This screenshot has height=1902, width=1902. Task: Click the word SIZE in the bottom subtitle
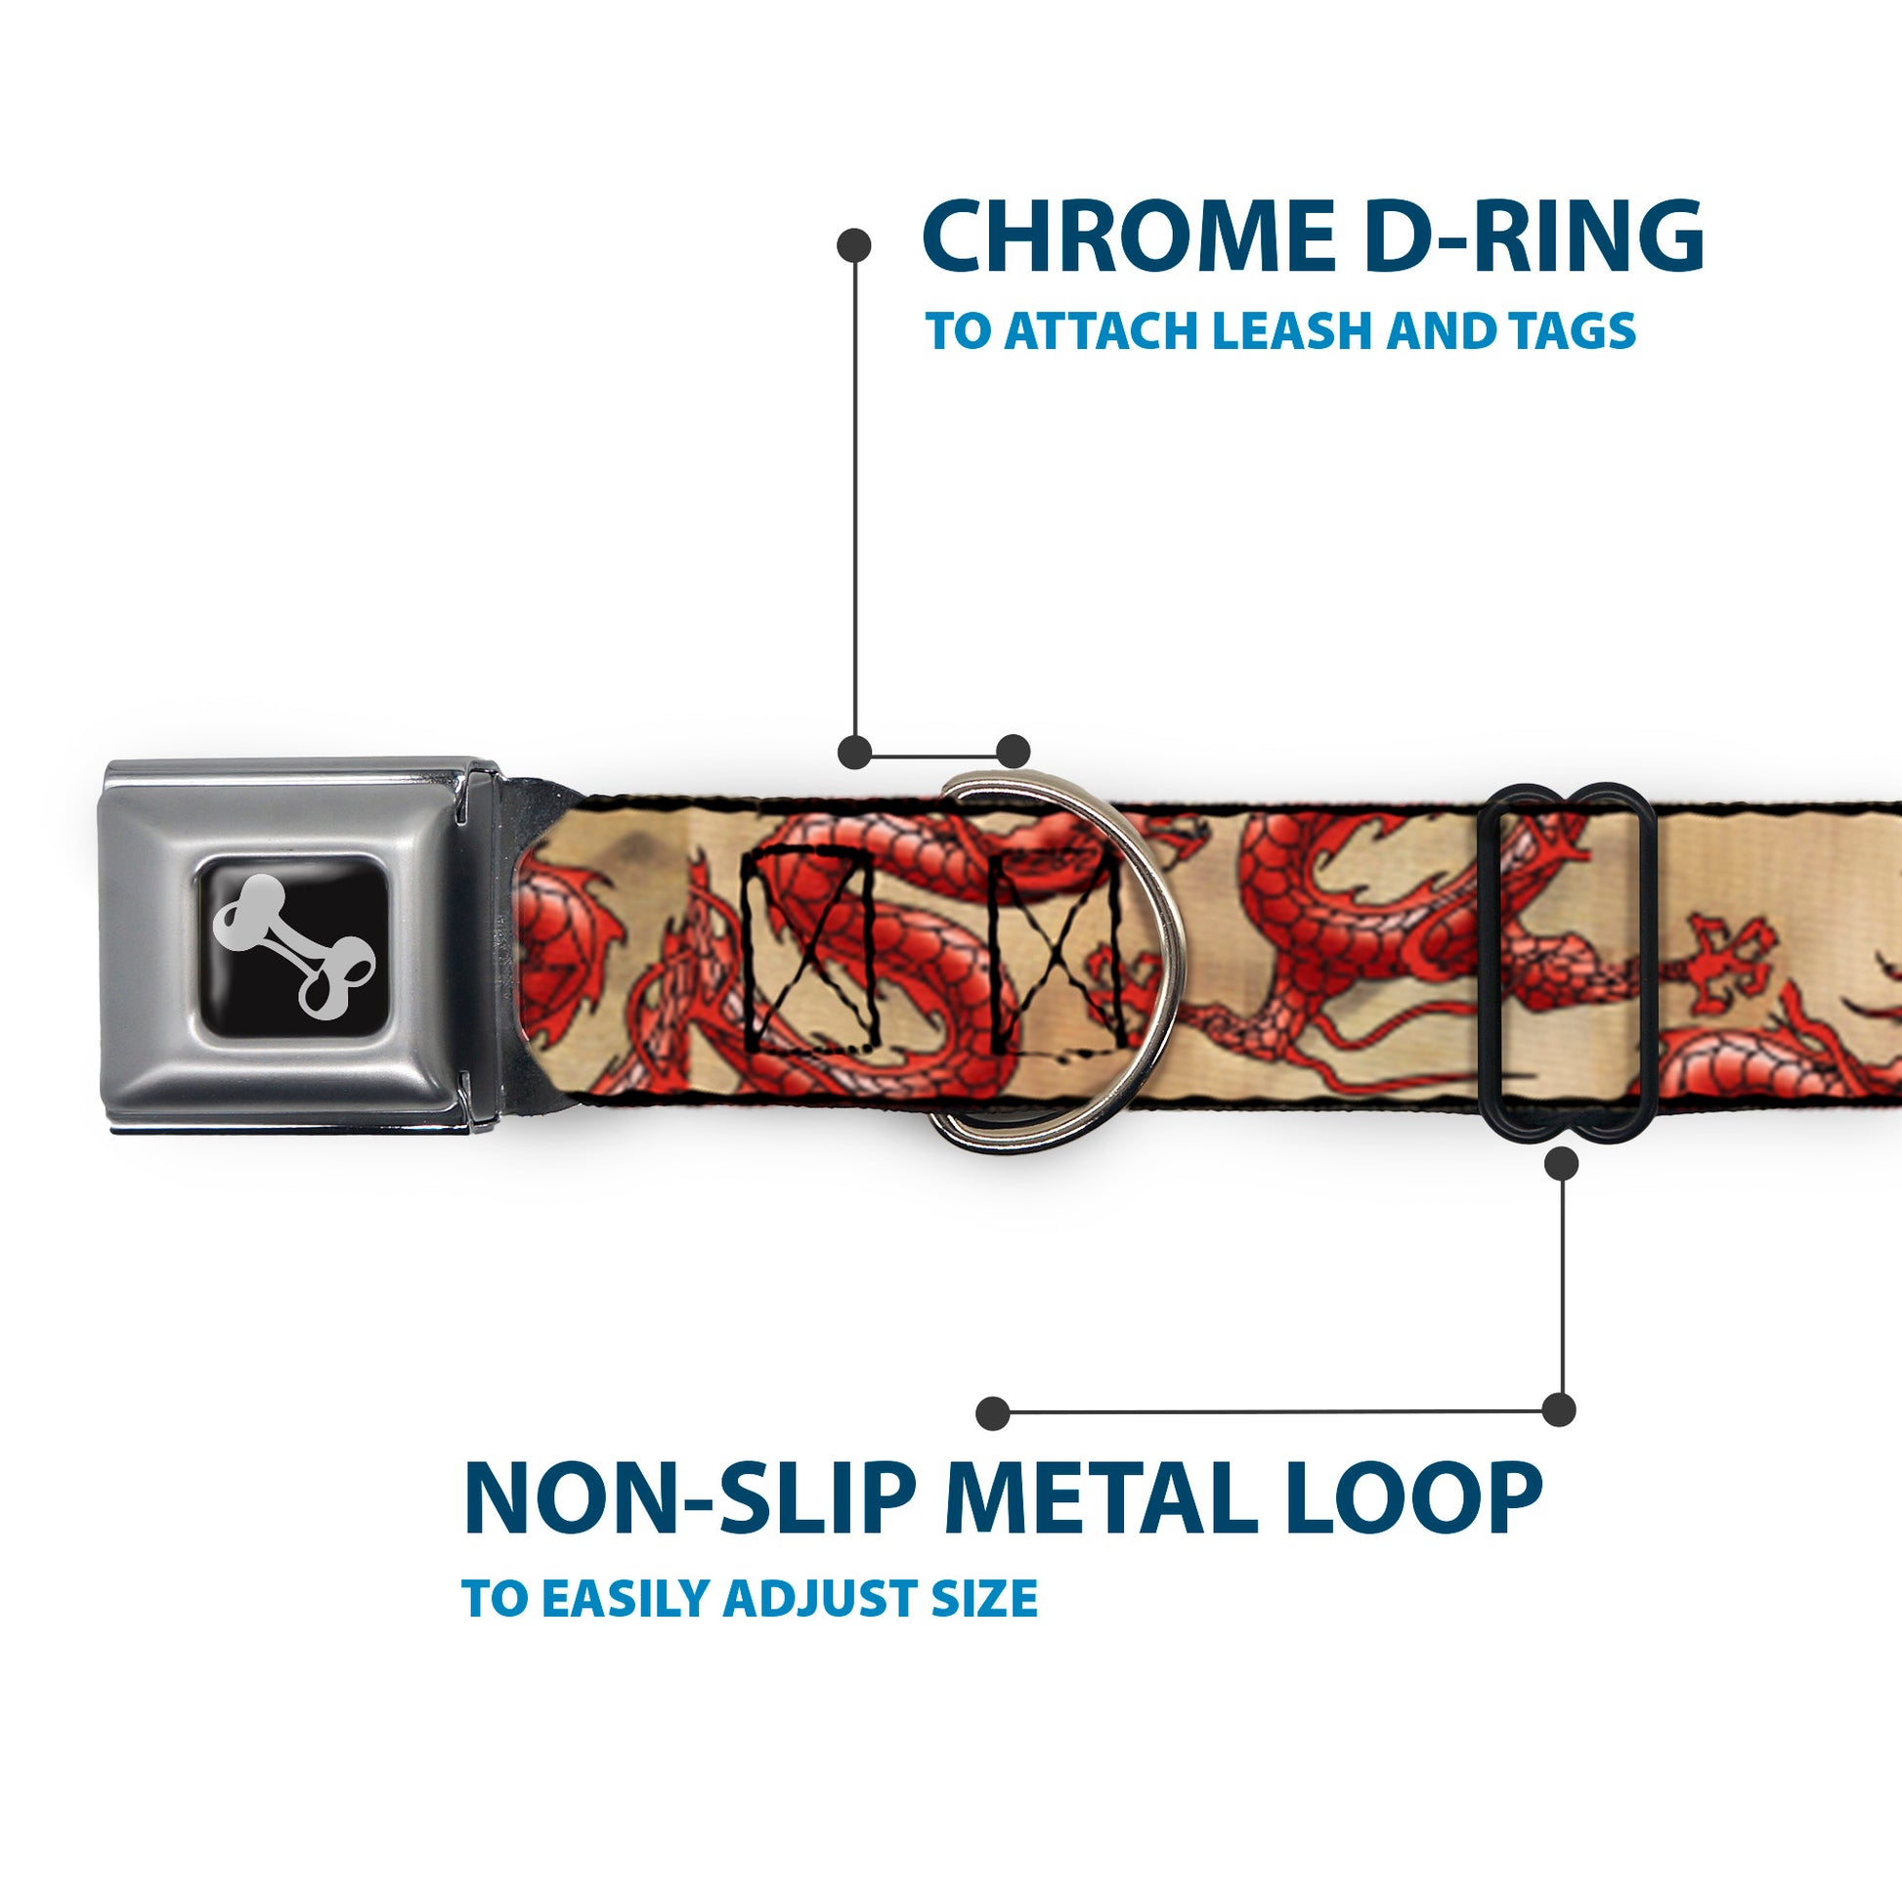click(984, 1598)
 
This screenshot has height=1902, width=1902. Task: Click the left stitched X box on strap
click(809, 950)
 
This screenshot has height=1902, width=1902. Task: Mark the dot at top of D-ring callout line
click(853, 245)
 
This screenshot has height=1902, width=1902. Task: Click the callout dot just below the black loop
click(1561, 1165)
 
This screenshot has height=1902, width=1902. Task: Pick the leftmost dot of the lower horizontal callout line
click(993, 1413)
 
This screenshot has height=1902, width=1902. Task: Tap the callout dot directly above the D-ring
click(1013, 752)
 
